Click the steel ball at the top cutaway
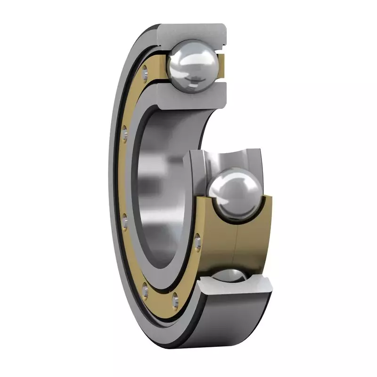pos(193,66)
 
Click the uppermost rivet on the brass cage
pos(145,70)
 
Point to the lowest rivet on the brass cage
pos(176,298)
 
